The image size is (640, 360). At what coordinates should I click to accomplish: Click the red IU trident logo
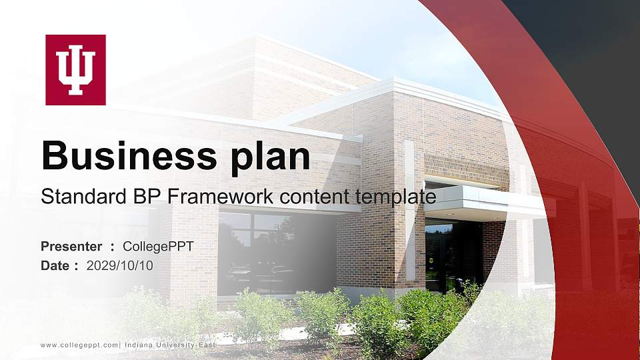tap(75, 70)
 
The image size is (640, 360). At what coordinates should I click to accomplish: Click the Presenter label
tap(71, 247)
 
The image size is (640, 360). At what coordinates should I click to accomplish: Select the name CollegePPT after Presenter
tap(158, 247)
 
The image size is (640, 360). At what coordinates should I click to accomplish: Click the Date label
tap(55, 265)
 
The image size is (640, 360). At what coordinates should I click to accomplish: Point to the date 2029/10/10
tap(120, 265)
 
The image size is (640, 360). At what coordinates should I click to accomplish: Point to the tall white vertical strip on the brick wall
tap(410, 200)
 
